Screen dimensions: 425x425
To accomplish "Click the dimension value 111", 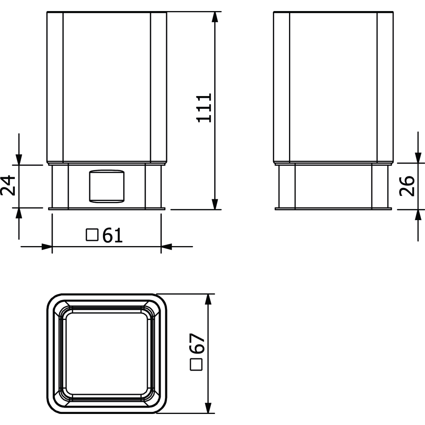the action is point(204,108).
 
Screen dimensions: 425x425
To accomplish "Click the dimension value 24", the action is point(8,185).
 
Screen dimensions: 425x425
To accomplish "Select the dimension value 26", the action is point(407,186).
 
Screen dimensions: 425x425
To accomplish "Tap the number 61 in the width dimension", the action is point(113,235).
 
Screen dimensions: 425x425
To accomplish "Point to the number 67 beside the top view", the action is point(197,343).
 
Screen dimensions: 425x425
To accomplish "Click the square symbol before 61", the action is point(92,235).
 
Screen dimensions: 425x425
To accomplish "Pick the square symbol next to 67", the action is point(196,365).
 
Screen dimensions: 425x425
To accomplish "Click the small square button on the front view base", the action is point(107,186).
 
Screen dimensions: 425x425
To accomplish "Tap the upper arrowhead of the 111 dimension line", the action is point(215,17).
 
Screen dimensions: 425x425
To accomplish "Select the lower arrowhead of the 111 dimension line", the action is point(215,204).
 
